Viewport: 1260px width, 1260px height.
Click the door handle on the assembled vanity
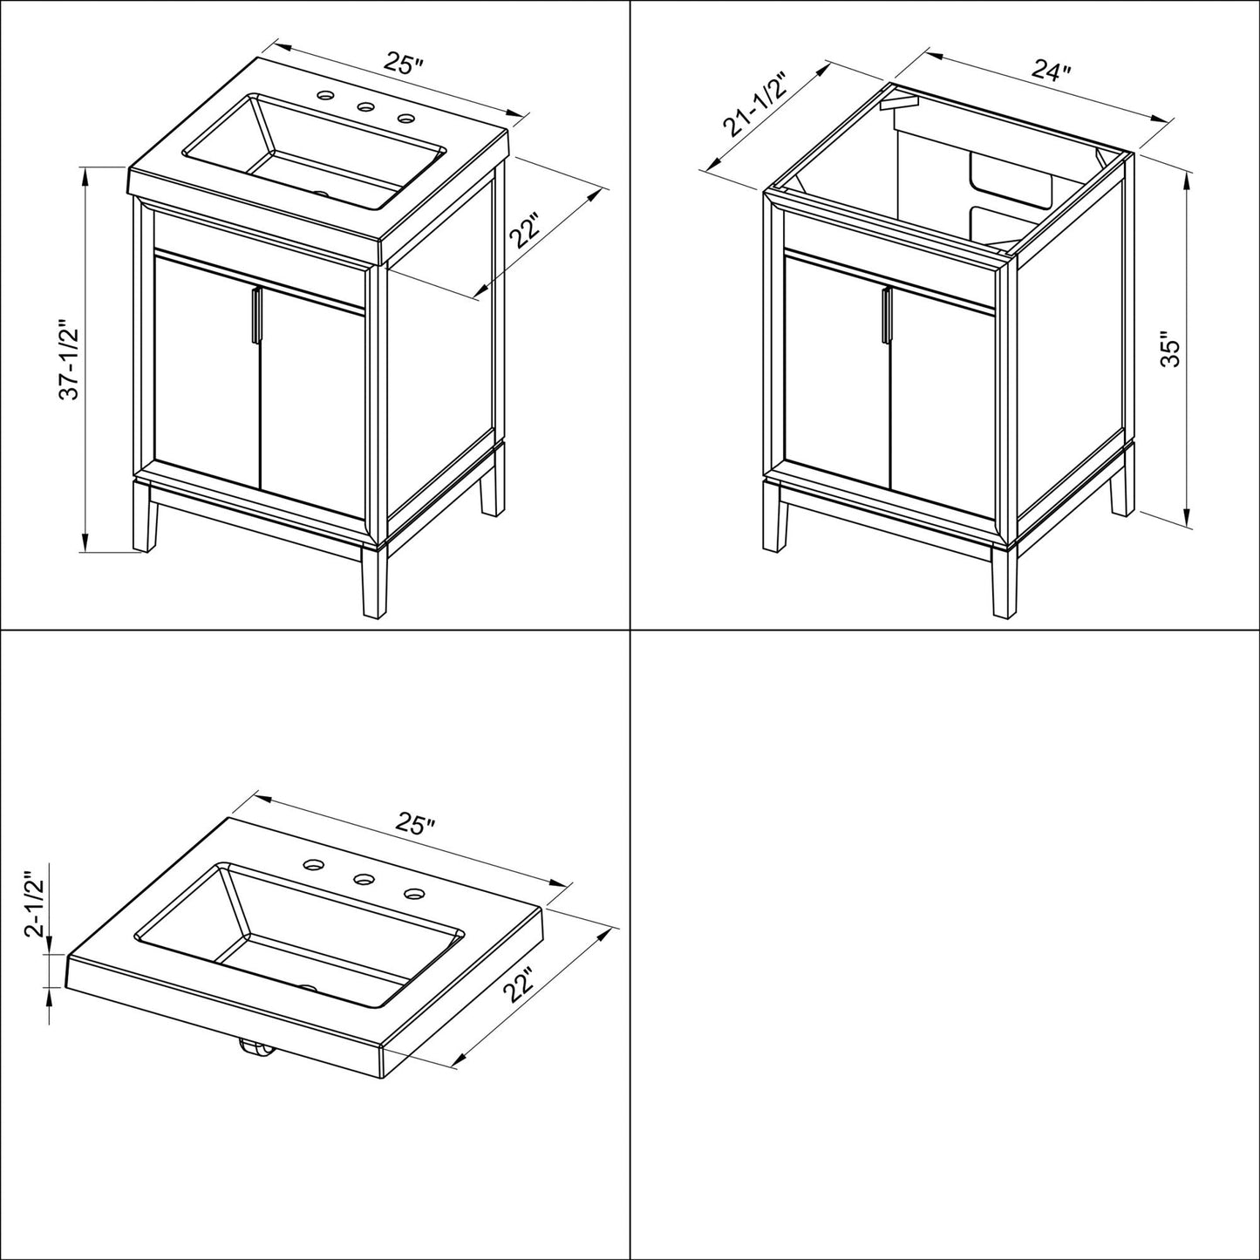(255, 317)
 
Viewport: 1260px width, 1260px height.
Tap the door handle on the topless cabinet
(886, 317)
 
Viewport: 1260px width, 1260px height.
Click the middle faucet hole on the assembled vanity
(365, 107)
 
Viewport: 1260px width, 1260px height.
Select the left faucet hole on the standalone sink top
(311, 865)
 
